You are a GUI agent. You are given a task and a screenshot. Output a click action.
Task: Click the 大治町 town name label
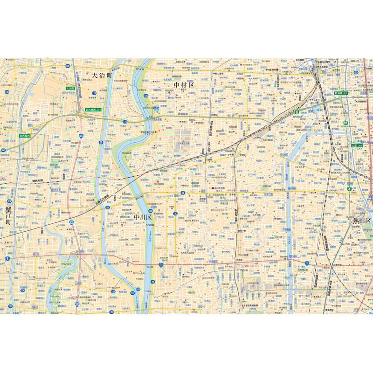pos(102,75)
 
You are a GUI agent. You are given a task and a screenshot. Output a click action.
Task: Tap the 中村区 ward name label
pos(184,85)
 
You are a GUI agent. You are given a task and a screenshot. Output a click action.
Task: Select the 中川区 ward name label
pos(143,217)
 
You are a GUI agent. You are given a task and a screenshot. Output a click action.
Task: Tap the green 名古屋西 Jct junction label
pos(93,110)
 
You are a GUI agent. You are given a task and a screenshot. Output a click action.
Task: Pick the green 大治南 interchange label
pos(70,88)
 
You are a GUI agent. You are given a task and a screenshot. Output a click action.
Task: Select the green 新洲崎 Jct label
pos(341,93)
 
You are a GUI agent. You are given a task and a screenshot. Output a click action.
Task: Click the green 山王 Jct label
pos(357,145)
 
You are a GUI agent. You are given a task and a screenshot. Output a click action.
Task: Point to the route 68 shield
pos(68,67)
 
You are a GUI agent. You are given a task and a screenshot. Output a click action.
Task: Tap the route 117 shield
pos(94,93)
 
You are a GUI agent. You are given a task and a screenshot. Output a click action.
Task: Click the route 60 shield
pos(356,72)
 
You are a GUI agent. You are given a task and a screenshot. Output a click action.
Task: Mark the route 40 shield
pos(4,150)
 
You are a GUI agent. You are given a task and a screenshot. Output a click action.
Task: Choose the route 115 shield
pos(125,122)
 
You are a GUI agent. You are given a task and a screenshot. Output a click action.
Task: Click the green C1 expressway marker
pos(345,123)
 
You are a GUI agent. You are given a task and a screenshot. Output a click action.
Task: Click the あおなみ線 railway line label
pos(236,214)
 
